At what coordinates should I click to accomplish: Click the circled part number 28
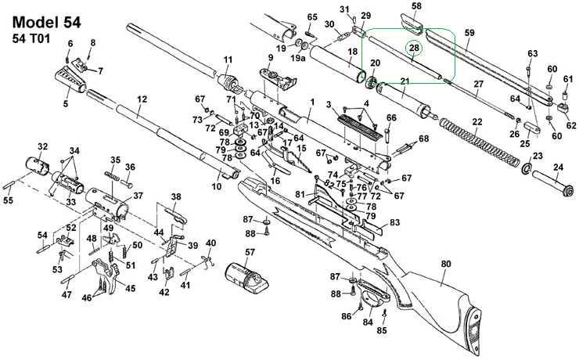(413, 49)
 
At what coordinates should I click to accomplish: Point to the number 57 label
(250, 252)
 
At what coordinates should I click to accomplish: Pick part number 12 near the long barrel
(142, 99)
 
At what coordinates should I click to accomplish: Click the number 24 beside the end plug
(558, 167)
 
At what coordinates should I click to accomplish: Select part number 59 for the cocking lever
(469, 33)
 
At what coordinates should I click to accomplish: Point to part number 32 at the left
(43, 146)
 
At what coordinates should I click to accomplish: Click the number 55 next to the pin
(9, 201)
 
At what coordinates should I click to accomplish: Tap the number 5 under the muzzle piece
(66, 103)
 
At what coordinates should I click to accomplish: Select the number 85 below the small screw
(382, 330)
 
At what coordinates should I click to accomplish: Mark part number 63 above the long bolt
(533, 53)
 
